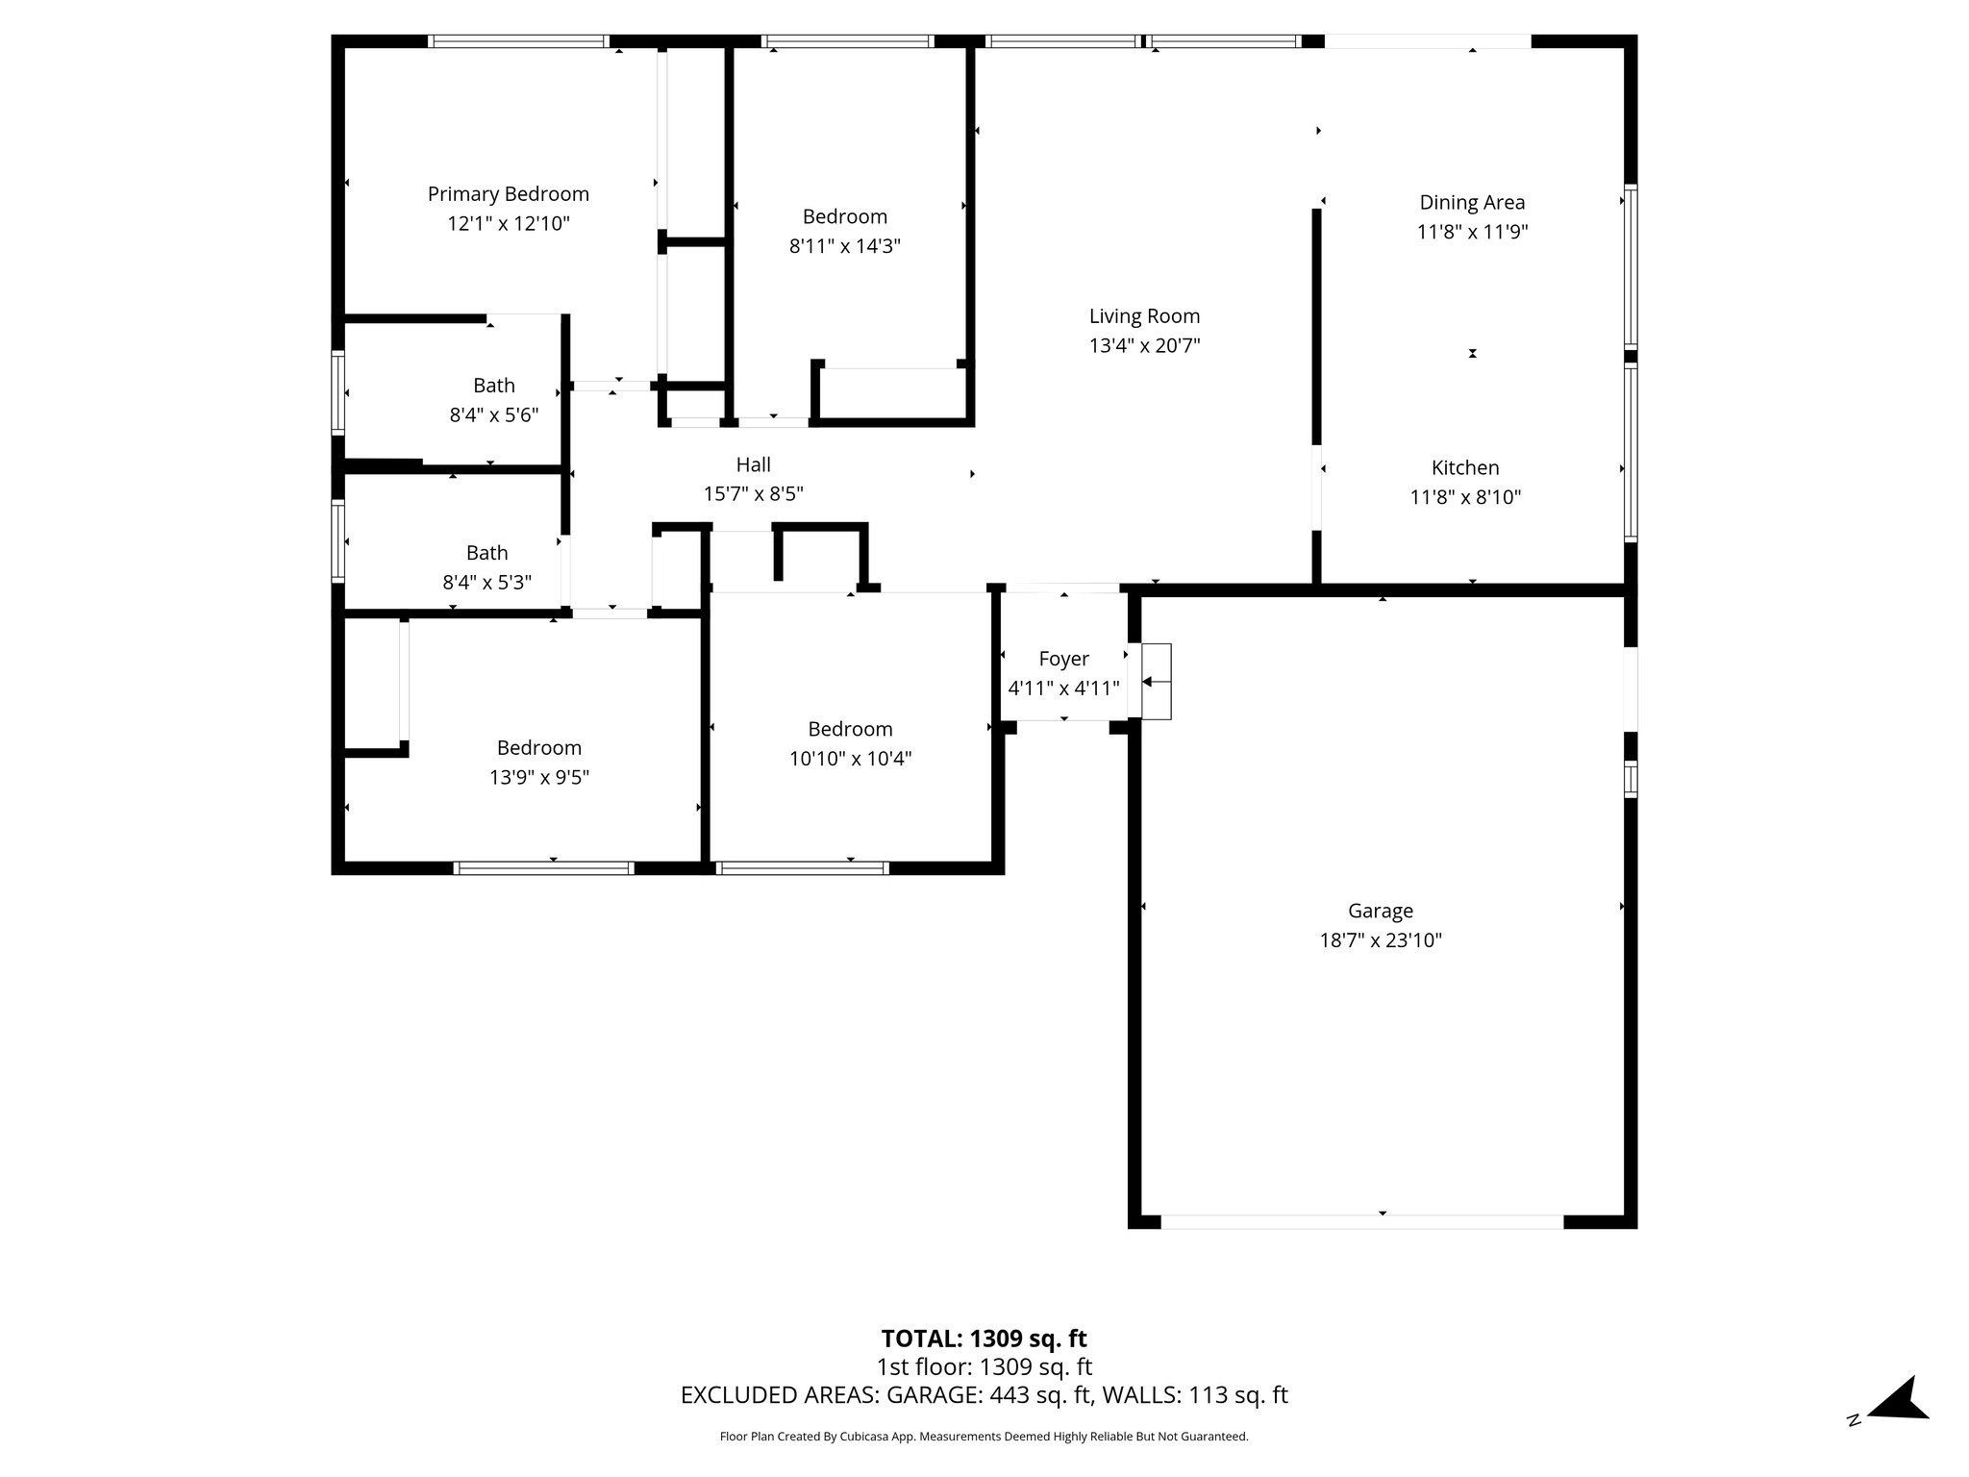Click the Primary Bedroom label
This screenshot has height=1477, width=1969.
(x=508, y=194)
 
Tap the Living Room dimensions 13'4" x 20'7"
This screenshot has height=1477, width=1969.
(x=1144, y=346)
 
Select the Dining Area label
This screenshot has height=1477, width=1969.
(x=1472, y=202)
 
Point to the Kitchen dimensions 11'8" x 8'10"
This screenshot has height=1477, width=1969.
(x=1465, y=497)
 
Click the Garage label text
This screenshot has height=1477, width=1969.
(x=1380, y=911)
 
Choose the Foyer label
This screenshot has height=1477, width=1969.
(x=1063, y=659)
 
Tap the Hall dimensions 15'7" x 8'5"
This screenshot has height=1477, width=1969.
(x=753, y=494)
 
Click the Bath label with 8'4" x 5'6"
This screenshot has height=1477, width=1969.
(x=493, y=386)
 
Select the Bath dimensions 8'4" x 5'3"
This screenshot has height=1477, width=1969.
(x=486, y=583)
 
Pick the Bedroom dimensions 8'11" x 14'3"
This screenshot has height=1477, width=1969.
(x=844, y=246)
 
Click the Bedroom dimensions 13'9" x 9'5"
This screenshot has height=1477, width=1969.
(x=538, y=777)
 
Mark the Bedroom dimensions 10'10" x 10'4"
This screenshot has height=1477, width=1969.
(x=850, y=759)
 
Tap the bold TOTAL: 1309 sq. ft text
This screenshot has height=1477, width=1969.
(x=984, y=1339)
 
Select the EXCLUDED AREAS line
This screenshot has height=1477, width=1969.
(x=984, y=1395)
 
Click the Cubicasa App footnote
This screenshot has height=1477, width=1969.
(x=984, y=1437)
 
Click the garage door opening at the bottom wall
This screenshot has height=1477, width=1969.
(x=1361, y=1222)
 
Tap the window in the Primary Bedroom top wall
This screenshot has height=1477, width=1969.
(x=518, y=41)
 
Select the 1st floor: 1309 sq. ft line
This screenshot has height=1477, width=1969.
(x=984, y=1367)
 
